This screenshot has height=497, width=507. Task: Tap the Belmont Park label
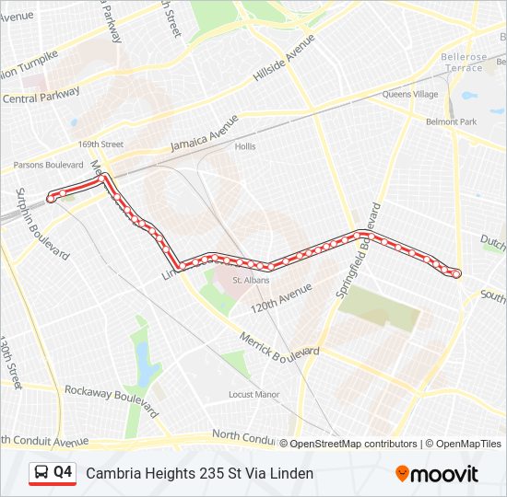[x=451, y=121]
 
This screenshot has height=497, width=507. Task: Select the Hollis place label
[x=245, y=146]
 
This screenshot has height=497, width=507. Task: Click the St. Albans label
[x=249, y=280]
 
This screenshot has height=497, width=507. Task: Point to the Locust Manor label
[x=253, y=395]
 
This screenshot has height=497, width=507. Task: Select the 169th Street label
[x=100, y=144]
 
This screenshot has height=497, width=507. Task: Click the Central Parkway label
[x=42, y=96]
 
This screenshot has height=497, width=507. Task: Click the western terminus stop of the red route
[x=51, y=198]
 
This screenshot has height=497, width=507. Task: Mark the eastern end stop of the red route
[x=456, y=273]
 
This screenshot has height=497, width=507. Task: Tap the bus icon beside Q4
[x=41, y=473]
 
